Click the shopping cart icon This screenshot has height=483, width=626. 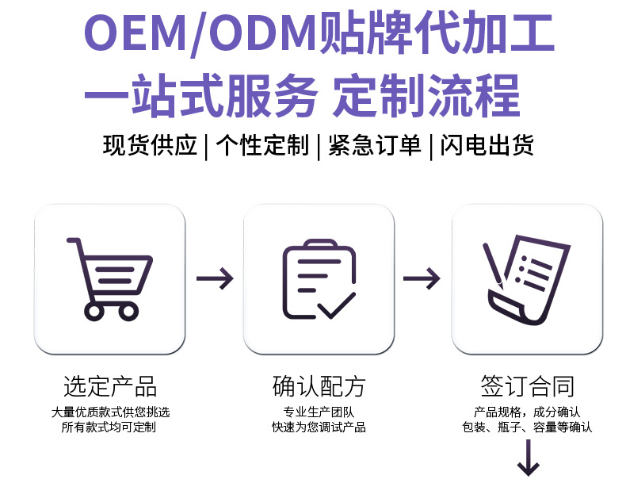click(109, 279)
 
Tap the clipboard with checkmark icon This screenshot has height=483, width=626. click(318, 279)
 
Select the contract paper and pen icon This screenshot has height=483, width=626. click(526, 279)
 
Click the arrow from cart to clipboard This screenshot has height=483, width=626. click(214, 278)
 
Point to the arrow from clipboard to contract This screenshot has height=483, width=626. click(422, 278)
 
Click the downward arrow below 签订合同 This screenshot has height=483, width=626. click(528, 460)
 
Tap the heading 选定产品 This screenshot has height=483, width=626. click(110, 386)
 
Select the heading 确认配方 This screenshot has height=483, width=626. click(319, 386)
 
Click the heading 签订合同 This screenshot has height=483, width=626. click(527, 386)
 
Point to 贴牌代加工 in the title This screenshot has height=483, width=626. click(435, 36)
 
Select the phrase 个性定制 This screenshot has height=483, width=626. click(261, 146)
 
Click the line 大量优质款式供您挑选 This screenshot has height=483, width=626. click(110, 412)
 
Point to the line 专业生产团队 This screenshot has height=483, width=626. click(319, 412)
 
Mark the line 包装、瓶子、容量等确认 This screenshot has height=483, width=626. click(527, 427)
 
